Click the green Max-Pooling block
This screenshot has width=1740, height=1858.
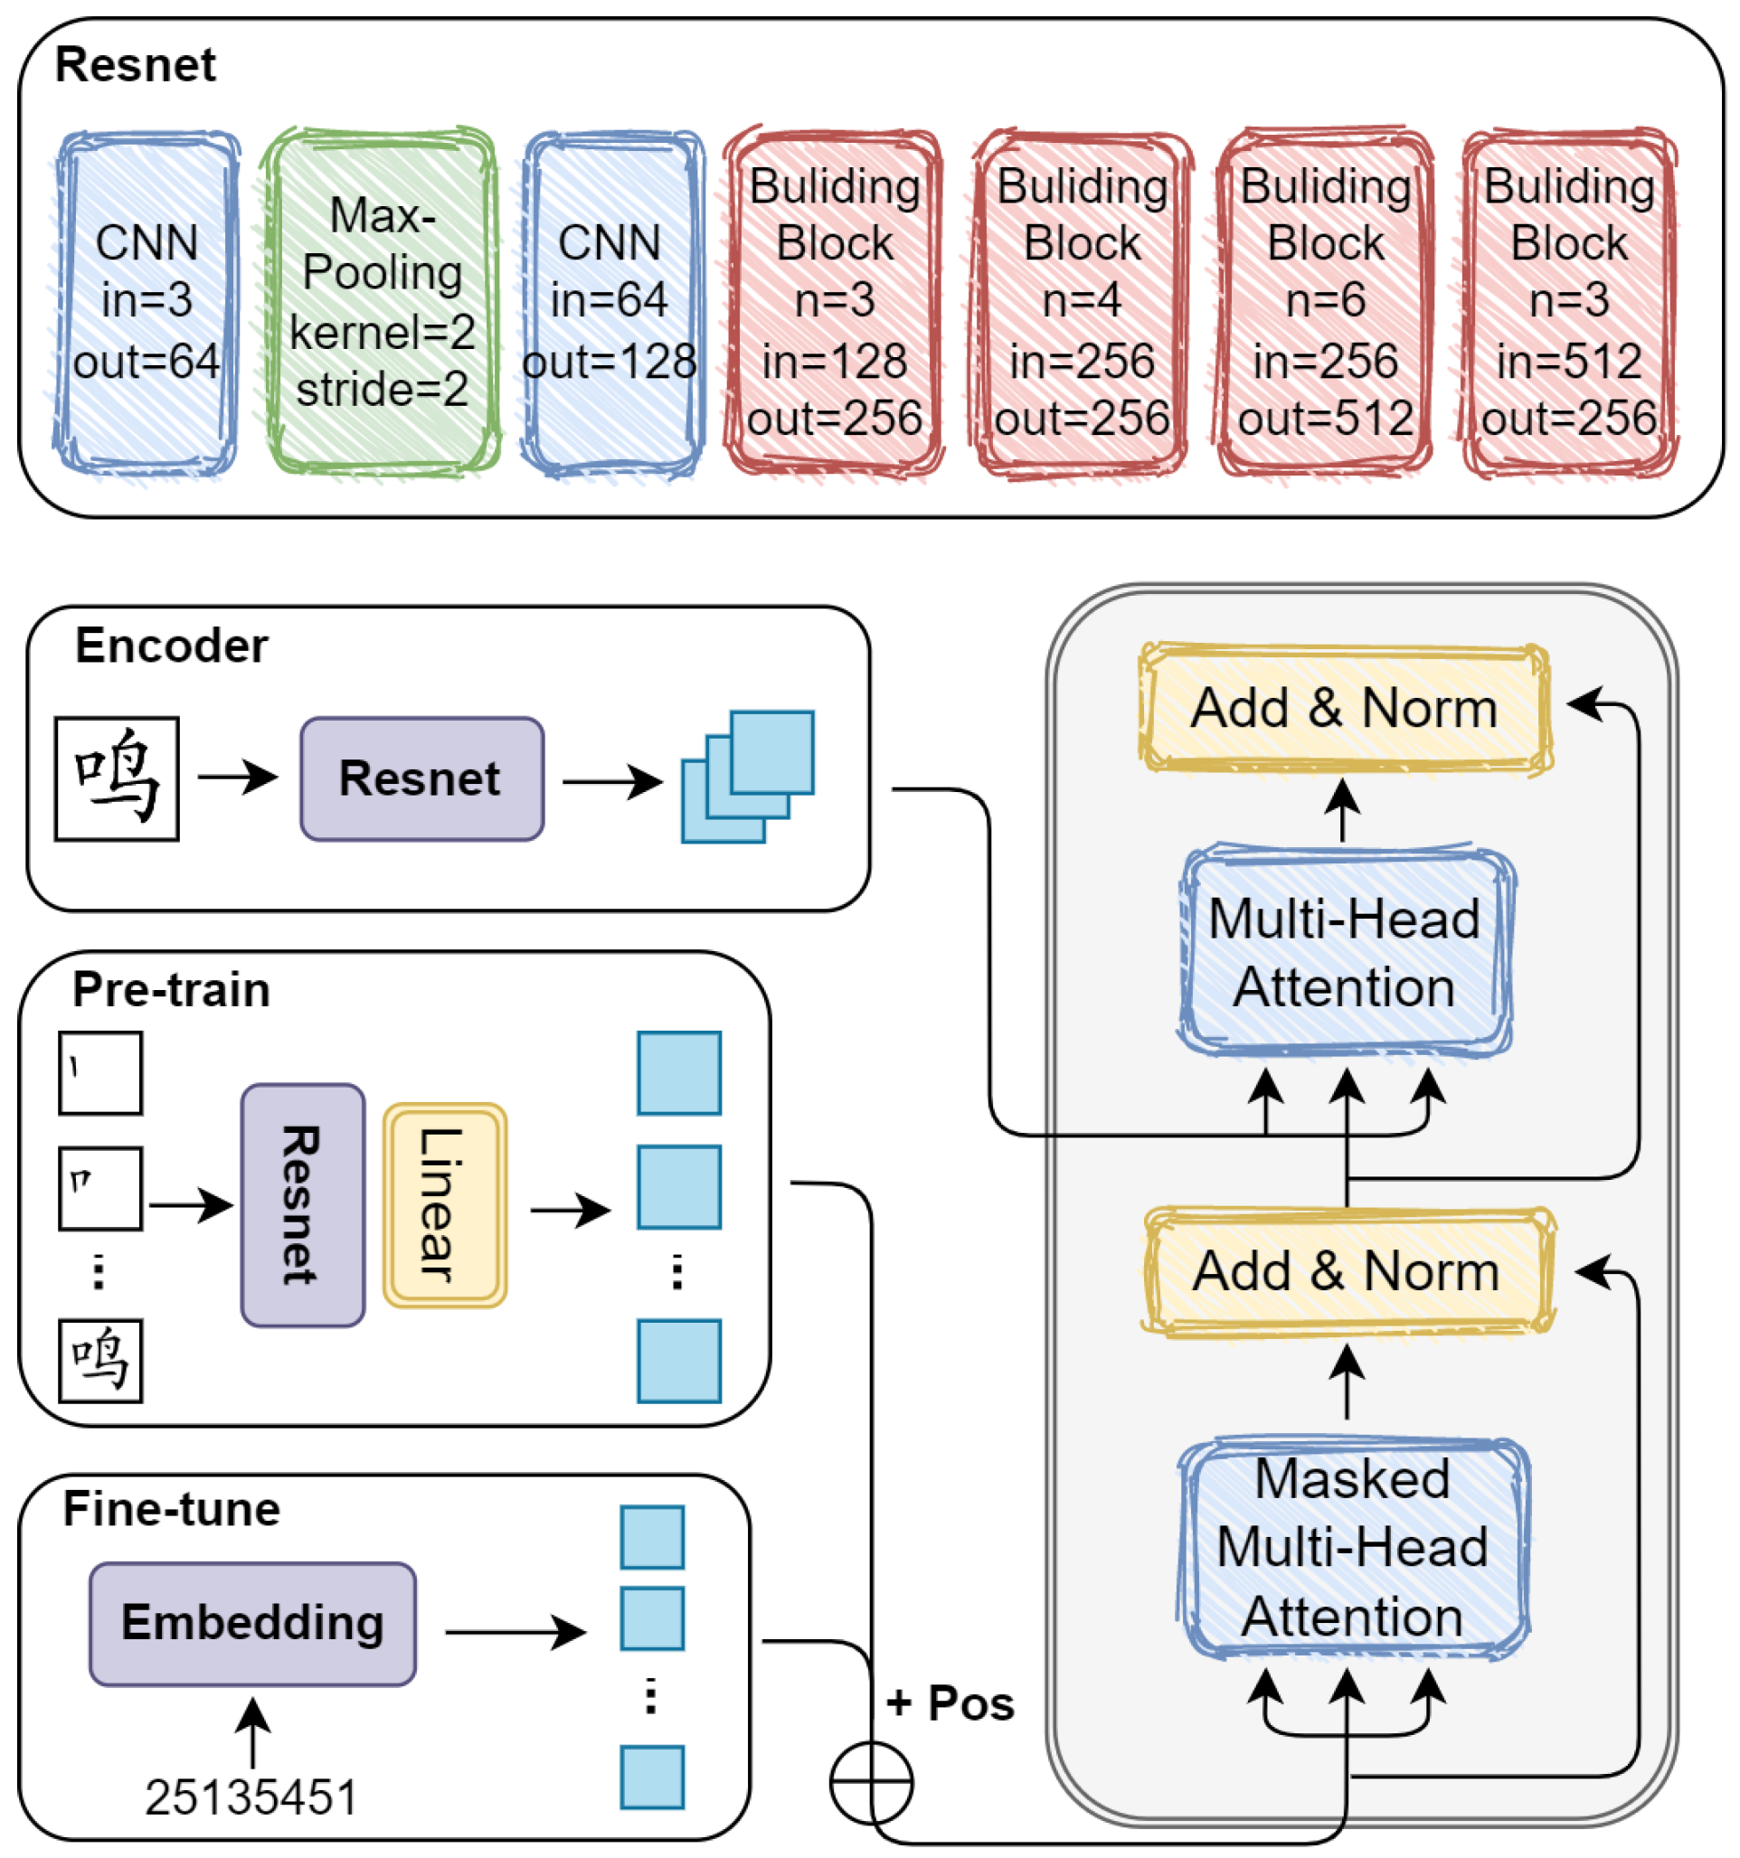pos(382,301)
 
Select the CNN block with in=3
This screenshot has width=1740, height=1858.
pos(147,301)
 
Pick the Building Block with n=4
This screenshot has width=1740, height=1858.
pos(1082,301)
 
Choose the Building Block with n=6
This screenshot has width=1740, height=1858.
pos(1326,301)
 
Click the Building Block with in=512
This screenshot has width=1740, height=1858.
pos(1569,301)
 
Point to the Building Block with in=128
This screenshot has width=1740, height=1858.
pos(834,301)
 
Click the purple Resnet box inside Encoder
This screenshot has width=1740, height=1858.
pos(421,778)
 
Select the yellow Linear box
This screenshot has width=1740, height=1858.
pos(445,1205)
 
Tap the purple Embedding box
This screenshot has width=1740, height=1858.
pos(252,1624)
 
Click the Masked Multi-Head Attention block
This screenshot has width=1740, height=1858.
pos(1353,1549)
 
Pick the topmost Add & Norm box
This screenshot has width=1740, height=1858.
pos(1345,708)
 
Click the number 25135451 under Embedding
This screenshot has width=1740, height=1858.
pos(251,1797)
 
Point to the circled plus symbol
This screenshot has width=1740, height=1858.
pos(872,1782)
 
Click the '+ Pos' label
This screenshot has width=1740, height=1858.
pos(950,1702)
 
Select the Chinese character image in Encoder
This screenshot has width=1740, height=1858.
pos(117,778)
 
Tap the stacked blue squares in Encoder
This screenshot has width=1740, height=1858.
pos(748,777)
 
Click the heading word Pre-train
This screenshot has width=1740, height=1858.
pos(171,989)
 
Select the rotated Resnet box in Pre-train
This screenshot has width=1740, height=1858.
pos(303,1205)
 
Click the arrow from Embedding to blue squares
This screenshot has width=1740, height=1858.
pos(515,1633)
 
